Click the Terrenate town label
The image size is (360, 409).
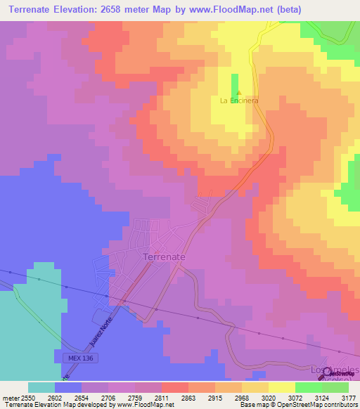165,257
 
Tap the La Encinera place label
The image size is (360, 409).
239,100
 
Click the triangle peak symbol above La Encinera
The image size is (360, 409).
239,93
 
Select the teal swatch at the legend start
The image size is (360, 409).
41,387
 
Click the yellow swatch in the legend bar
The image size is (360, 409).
281,387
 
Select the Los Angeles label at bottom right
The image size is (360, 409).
335,370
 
